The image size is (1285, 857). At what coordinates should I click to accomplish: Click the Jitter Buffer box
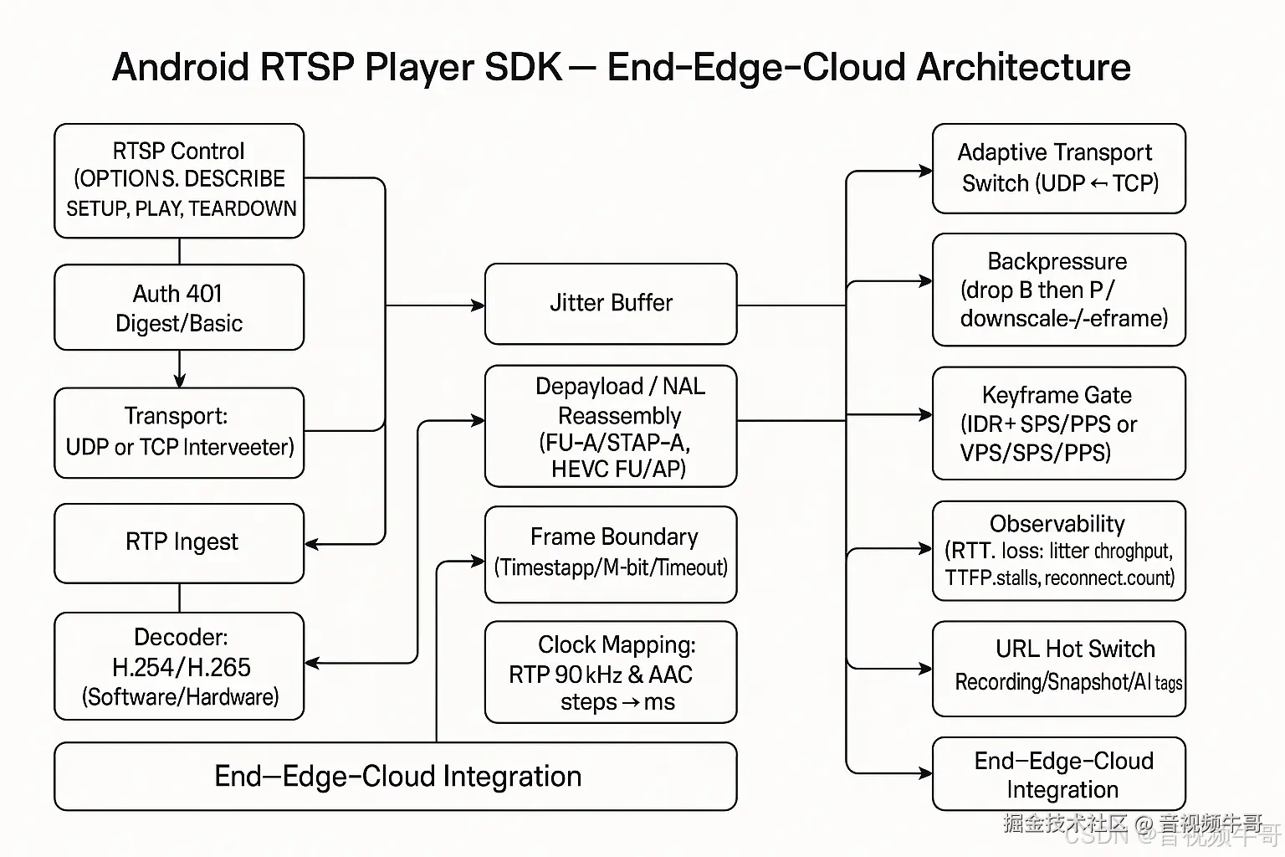pos(611,303)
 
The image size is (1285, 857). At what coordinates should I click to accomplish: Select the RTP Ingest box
pos(179,543)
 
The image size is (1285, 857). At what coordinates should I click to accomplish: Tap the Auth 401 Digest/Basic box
pos(179,307)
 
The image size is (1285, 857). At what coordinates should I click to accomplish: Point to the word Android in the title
pos(181,67)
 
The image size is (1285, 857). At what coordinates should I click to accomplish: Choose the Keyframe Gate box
pos(1058,423)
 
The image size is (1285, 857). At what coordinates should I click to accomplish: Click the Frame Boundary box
pos(611,553)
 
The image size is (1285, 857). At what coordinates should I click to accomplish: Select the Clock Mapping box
pos(611,672)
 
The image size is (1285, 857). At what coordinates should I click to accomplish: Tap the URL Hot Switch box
pos(1058,668)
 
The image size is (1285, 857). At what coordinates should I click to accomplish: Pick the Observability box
pos(1058,551)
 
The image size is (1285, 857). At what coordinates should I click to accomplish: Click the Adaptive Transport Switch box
pos(1058,168)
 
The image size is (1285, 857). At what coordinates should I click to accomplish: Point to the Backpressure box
pos(1058,290)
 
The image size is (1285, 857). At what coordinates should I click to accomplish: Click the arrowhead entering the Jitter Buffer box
pos(478,305)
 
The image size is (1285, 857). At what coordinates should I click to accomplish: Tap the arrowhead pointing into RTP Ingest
pos(312,544)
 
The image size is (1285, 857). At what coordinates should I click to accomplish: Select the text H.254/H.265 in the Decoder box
pos(181,667)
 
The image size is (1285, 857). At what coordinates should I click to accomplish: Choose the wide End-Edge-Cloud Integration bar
pos(395,776)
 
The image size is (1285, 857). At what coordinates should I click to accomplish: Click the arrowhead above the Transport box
pos(179,381)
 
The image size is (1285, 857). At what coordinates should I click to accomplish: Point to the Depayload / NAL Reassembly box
pos(611,426)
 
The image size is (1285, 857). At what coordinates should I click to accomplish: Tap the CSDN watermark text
pos(1097,835)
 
